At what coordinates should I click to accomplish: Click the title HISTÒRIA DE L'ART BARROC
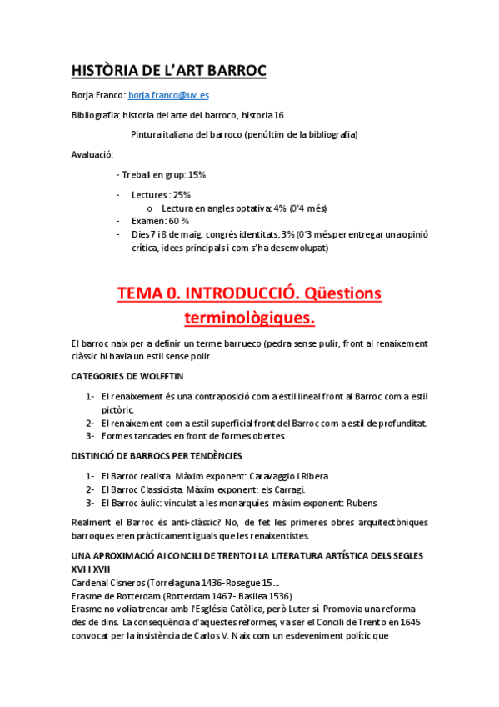(x=169, y=70)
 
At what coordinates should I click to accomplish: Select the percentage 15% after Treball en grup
(x=197, y=175)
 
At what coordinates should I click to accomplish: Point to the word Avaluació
(x=92, y=154)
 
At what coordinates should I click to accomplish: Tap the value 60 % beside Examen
(x=179, y=221)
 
